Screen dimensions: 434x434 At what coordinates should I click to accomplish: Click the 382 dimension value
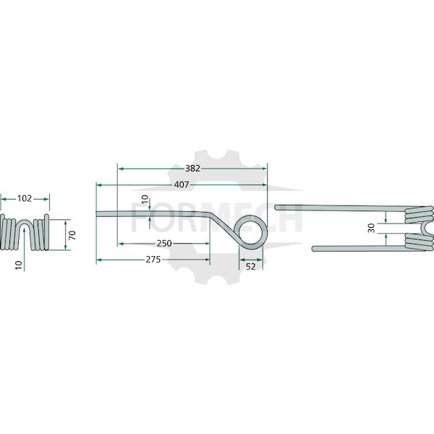click(192, 169)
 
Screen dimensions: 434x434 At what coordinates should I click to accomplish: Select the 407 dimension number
click(182, 184)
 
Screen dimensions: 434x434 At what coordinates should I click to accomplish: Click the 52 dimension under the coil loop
click(250, 267)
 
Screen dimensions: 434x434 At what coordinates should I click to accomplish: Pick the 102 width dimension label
click(25, 198)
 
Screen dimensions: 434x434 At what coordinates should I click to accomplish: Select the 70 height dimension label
click(72, 235)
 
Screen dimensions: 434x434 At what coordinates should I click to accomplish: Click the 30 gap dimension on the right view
click(371, 228)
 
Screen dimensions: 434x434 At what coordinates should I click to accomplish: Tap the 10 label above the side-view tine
click(145, 200)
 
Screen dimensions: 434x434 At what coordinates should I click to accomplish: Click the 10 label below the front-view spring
click(18, 265)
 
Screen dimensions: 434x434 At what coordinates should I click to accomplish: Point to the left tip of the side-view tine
click(97, 214)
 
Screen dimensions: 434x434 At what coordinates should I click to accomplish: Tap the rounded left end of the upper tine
click(276, 207)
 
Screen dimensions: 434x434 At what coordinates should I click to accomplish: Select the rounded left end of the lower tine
click(314, 248)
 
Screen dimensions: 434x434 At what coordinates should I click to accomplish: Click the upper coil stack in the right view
click(418, 215)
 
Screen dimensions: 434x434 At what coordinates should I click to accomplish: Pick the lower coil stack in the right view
click(418, 242)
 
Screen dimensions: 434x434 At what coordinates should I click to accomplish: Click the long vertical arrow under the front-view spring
click(25, 250)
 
